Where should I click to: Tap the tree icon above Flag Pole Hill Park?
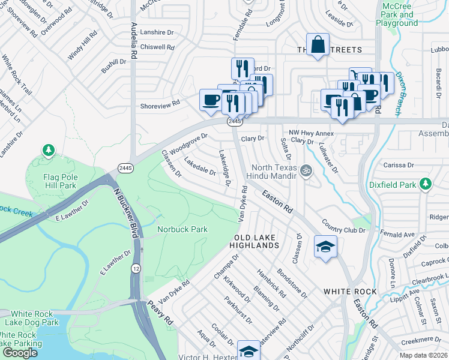pyautogui.click(x=47, y=149)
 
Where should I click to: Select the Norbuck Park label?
pyautogui.click(x=182, y=229)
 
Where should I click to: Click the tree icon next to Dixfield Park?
pyautogui.click(x=426, y=182)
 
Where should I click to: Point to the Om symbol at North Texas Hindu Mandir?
pyautogui.click(x=306, y=170)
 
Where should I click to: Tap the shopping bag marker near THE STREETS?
pyautogui.click(x=318, y=44)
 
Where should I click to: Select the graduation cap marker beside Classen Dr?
pyautogui.click(x=325, y=247)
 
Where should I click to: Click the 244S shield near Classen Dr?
pyautogui.click(x=125, y=167)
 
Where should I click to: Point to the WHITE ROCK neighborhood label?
pyautogui.click(x=350, y=292)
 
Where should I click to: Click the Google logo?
pyautogui.click(x=20, y=353)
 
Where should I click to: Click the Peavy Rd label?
pyautogui.click(x=160, y=313)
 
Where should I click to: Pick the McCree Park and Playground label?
pyautogui.click(x=397, y=14)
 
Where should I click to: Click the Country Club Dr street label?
pyautogui.click(x=344, y=226)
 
